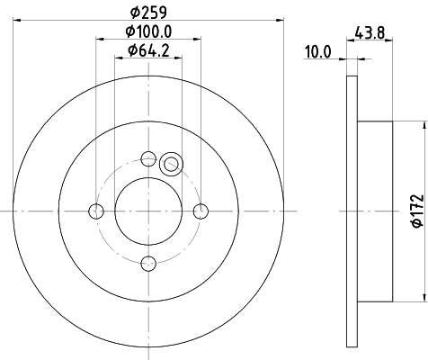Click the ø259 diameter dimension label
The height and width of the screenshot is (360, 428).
coord(148,12)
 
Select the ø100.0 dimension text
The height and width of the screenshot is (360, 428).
coord(148,31)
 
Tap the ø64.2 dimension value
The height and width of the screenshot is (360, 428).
coord(148,50)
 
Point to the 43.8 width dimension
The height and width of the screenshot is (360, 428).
coord(370,32)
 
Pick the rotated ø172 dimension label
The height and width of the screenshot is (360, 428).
coord(418,211)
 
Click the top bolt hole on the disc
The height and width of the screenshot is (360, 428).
coord(148,158)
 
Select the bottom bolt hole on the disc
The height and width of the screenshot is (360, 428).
coord(148,264)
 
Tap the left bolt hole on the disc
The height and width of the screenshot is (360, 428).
coord(96,211)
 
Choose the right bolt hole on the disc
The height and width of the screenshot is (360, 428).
coord(201,211)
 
